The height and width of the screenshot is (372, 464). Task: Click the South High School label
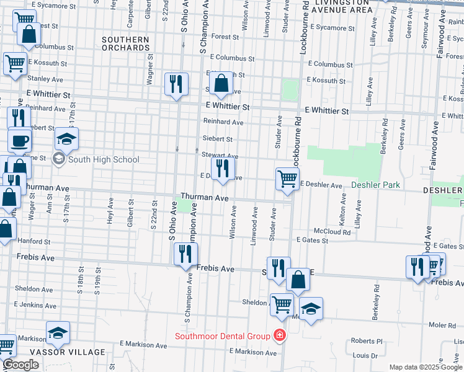pos(104,159)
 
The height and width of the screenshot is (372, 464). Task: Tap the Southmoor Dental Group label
pos(223,336)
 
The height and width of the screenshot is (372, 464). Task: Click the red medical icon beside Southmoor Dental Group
pos(280,335)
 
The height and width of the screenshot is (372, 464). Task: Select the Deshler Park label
pos(376,185)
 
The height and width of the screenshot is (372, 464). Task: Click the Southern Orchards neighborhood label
pos(126,43)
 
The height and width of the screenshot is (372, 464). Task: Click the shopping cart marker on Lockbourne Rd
pos(287,179)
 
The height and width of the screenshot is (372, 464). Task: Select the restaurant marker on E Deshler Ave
pos(223,169)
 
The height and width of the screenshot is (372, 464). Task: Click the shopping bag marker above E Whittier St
pos(220,83)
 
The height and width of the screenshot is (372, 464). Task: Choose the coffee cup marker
pos(19,139)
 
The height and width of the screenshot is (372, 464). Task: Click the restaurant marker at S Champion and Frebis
pos(185,253)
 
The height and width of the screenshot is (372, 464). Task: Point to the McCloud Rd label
pos(332,232)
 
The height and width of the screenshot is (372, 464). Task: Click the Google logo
pos(20,365)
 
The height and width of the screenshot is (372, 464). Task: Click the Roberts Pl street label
pos(367,341)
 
